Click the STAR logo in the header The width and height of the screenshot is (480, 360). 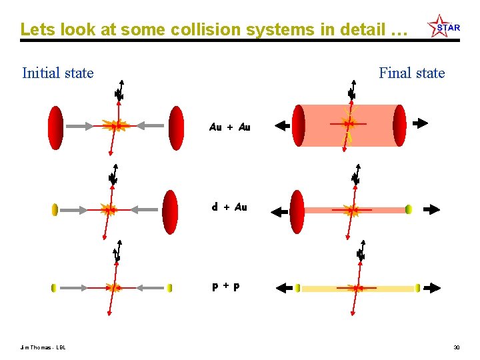click(443, 27)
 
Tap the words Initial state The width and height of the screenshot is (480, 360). click(58, 73)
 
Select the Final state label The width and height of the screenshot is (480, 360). click(411, 73)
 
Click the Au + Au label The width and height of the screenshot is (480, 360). click(229, 127)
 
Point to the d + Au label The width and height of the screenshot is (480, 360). click(229, 207)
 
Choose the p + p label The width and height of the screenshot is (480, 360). click(226, 287)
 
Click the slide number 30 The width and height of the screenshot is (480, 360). click(457, 347)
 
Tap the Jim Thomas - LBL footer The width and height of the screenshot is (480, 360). click(44, 347)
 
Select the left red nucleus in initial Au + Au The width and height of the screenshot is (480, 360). click(56, 127)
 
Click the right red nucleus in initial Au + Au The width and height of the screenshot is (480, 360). click(176, 127)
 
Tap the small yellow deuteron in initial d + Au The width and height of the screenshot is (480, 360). click(55, 210)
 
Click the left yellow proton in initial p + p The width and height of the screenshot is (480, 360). click(55, 288)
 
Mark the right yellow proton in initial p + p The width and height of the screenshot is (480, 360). click(170, 288)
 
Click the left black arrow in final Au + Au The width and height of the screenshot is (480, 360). click(281, 125)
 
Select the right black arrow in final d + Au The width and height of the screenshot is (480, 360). click(431, 209)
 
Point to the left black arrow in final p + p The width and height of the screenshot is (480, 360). click(285, 288)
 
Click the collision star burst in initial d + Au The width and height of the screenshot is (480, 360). click(108, 210)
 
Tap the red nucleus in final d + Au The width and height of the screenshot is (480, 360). click(297, 211)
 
